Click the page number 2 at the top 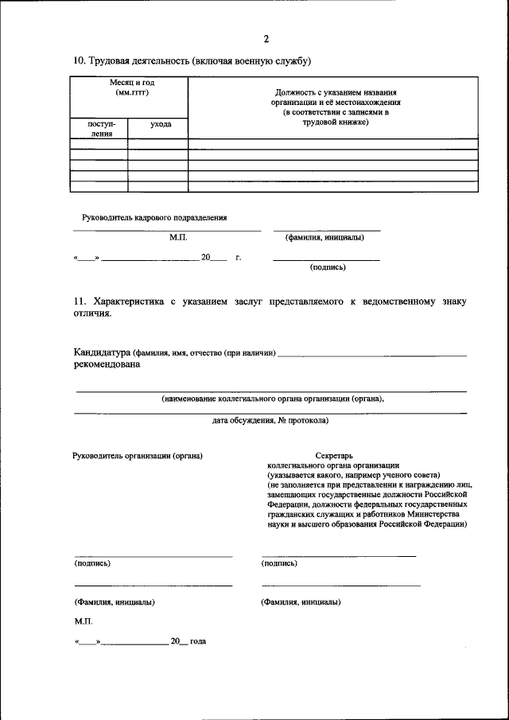click(x=266, y=39)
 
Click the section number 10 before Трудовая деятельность click(x=79, y=61)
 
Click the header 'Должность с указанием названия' click(x=334, y=93)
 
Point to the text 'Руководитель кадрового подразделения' click(x=154, y=217)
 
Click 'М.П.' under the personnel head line click(x=177, y=237)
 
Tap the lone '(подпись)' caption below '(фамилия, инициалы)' click(x=327, y=267)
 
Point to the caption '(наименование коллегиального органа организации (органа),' click(x=272, y=398)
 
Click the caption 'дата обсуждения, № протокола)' click(x=270, y=419)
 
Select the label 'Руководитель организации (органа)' click(x=137, y=456)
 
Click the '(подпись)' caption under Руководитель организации click(x=92, y=563)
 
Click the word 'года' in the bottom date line click(x=199, y=640)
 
